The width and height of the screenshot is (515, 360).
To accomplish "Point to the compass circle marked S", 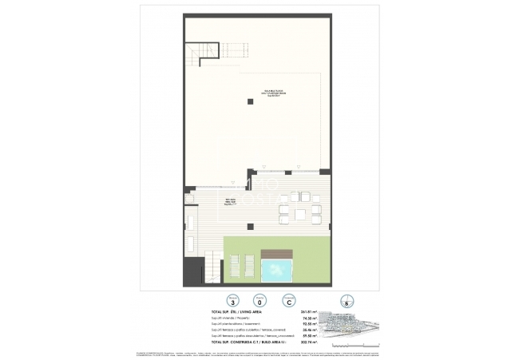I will [x=344, y=302].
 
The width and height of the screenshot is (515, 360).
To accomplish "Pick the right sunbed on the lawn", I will [x=249, y=265].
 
